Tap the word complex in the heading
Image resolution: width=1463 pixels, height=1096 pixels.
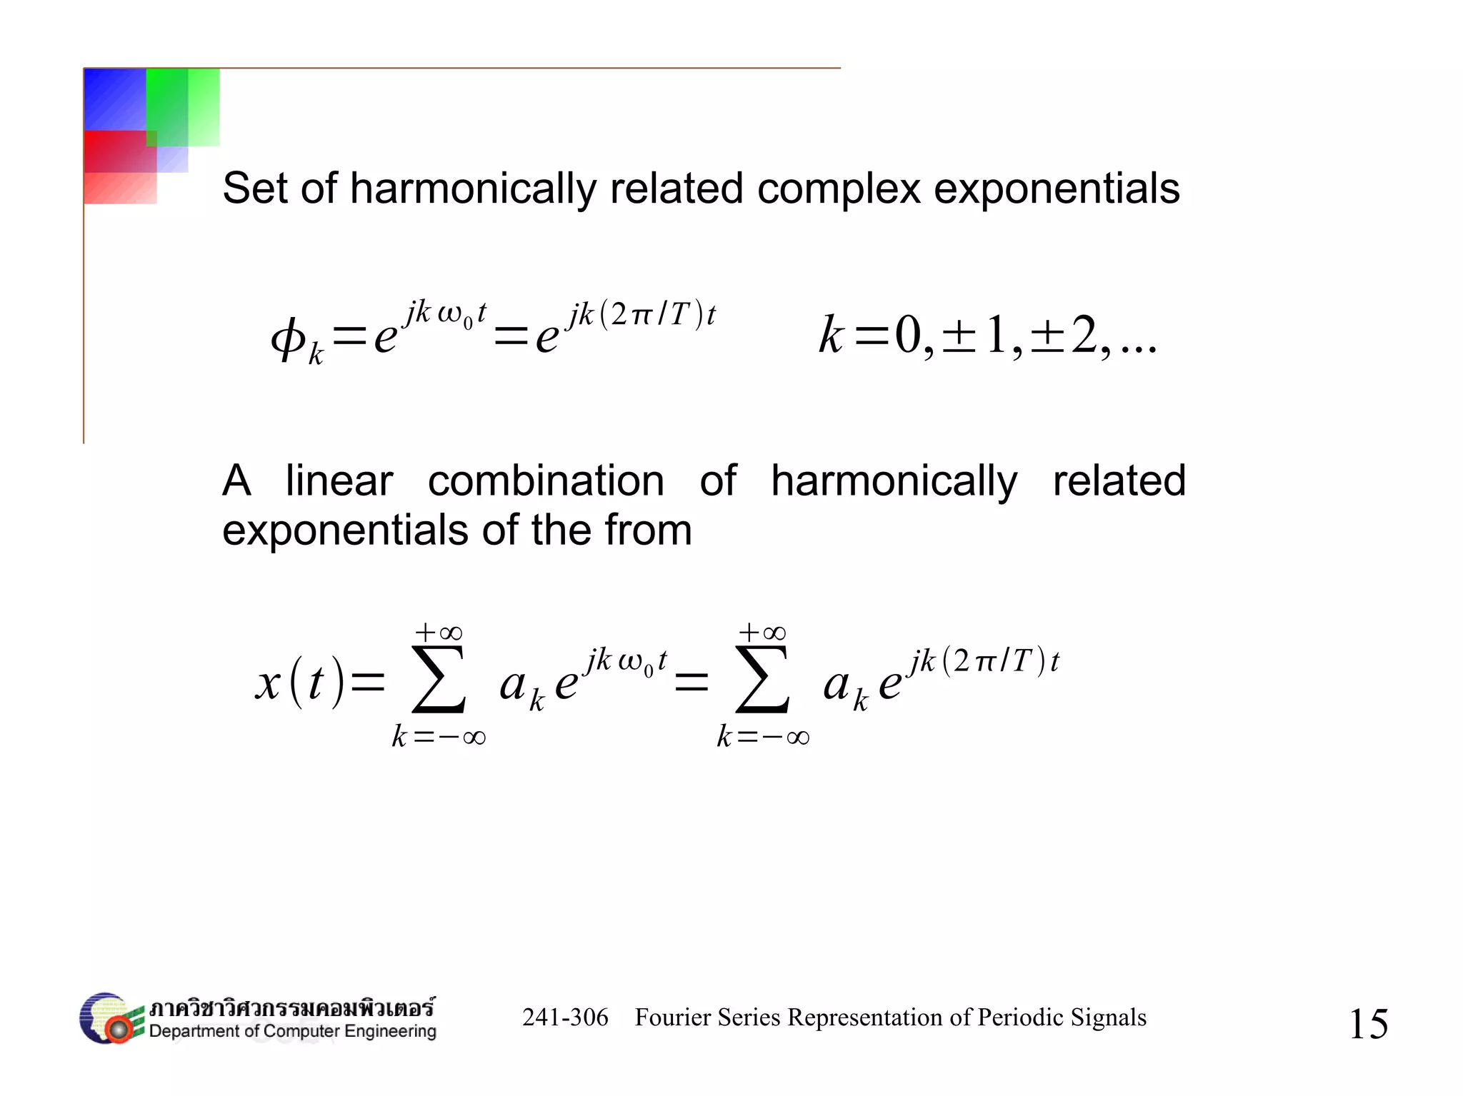click(837, 188)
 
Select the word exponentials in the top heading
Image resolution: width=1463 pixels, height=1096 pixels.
click(1057, 188)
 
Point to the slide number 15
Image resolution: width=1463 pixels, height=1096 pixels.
click(1368, 1024)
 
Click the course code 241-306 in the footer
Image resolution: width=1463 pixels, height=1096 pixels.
click(565, 1017)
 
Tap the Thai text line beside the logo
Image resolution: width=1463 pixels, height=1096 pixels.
click(291, 1007)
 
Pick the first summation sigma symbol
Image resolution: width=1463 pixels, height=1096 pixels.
click(439, 680)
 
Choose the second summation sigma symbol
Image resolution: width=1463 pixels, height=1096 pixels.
click(762, 680)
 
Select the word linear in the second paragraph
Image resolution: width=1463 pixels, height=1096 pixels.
click(339, 481)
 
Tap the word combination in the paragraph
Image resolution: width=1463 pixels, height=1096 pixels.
click(546, 481)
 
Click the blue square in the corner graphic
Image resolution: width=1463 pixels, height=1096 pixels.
click(115, 99)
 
